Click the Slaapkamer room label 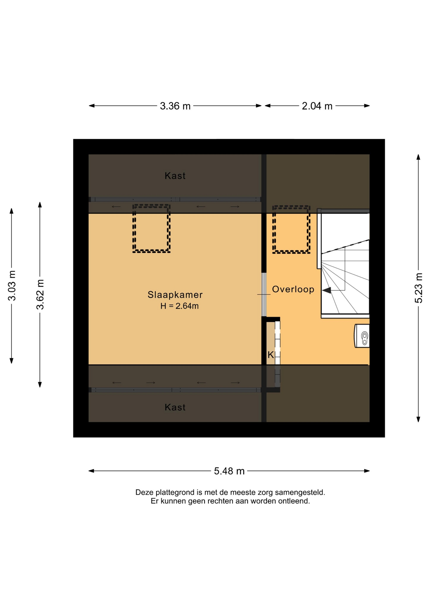click(x=175, y=295)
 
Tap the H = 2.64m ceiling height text click(x=179, y=306)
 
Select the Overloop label click(x=293, y=289)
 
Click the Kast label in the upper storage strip click(x=175, y=176)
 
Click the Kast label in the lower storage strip click(x=175, y=407)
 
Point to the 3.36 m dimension click(x=175, y=106)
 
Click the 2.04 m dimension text click(x=317, y=106)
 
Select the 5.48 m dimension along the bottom click(x=229, y=471)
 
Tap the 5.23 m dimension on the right click(x=419, y=288)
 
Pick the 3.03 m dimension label click(x=12, y=286)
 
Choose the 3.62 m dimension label click(x=40, y=294)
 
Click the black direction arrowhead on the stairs click(x=326, y=290)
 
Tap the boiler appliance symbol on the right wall click(x=362, y=336)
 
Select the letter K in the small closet click(x=270, y=355)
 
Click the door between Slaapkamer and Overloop click(x=264, y=294)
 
